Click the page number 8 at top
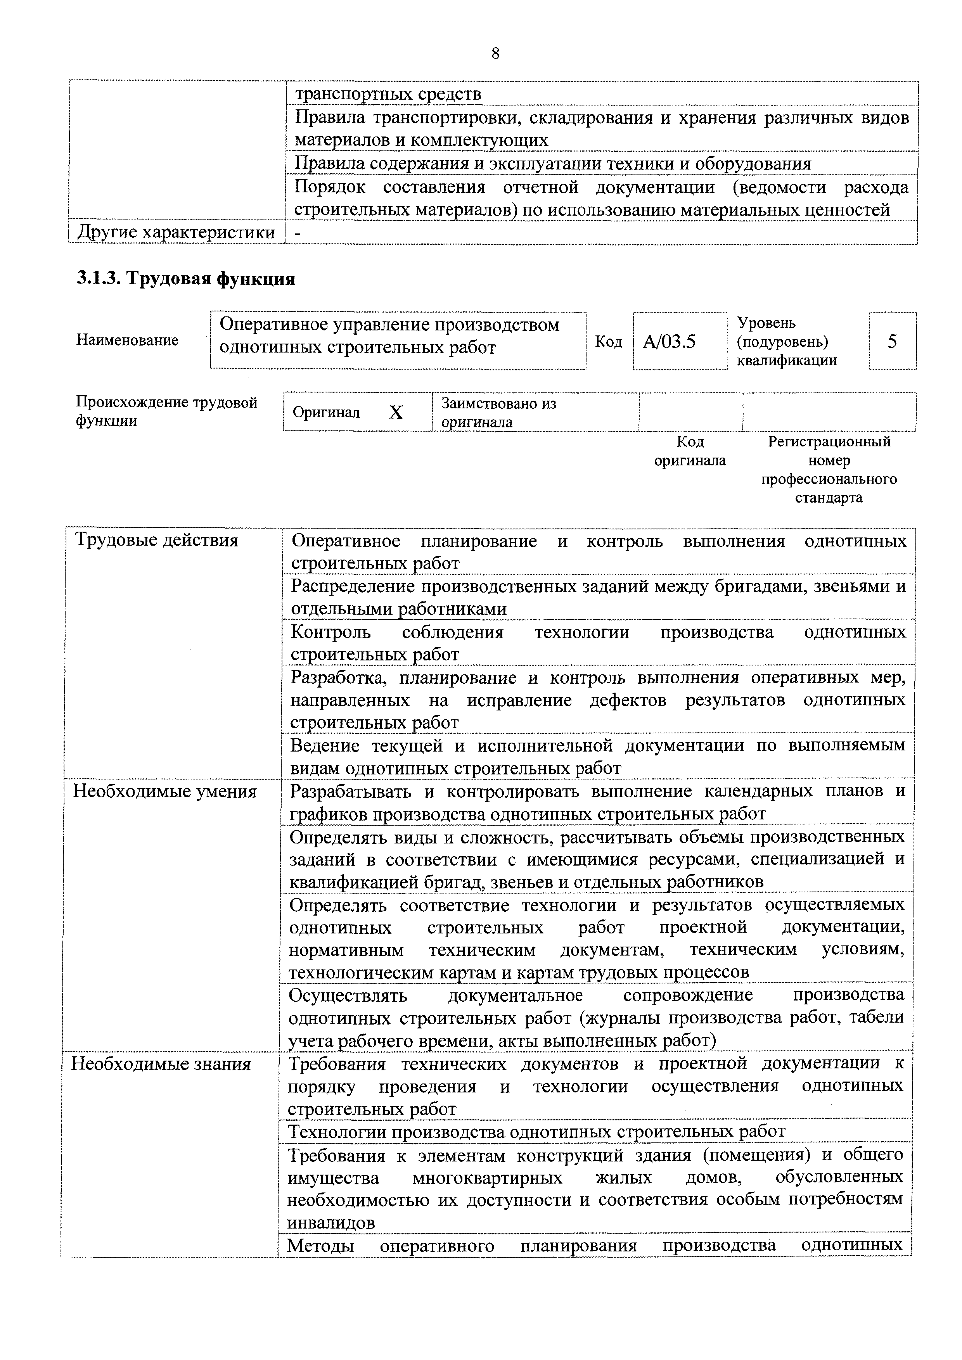pyautogui.click(x=495, y=54)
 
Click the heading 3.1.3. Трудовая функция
pyautogui.click(x=186, y=278)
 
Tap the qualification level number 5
pyautogui.click(x=892, y=341)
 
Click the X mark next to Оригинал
pyautogui.click(x=396, y=412)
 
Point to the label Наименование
pyautogui.click(x=127, y=340)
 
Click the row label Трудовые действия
pyautogui.click(x=156, y=540)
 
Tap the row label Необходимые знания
pyautogui.click(x=161, y=1064)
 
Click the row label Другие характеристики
pyautogui.click(x=176, y=232)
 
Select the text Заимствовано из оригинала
pyautogui.click(x=499, y=412)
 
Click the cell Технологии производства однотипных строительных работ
pyautogui.click(x=536, y=1132)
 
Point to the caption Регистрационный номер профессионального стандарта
pyautogui.click(x=829, y=469)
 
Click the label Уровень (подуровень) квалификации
pyautogui.click(x=787, y=341)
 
